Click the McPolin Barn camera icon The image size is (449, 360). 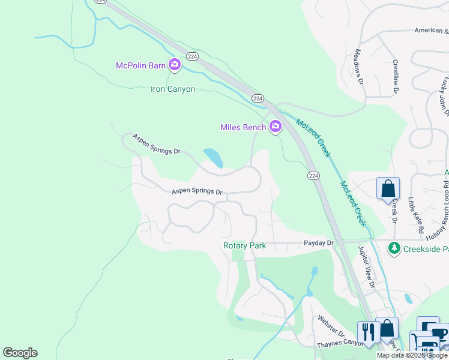175,64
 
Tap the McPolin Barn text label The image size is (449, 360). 140,65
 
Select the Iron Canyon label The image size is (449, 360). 173,89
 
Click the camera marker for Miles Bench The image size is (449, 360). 276,126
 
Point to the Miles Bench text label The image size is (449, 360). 243,127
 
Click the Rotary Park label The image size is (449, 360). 244,245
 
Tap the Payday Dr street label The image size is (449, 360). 318,242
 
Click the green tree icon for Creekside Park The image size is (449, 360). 394,248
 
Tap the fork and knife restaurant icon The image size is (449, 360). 367,331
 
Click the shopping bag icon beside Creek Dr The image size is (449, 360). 388,188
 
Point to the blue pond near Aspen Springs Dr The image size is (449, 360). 213,158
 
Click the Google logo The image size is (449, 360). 20,353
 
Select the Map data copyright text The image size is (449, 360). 412,355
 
